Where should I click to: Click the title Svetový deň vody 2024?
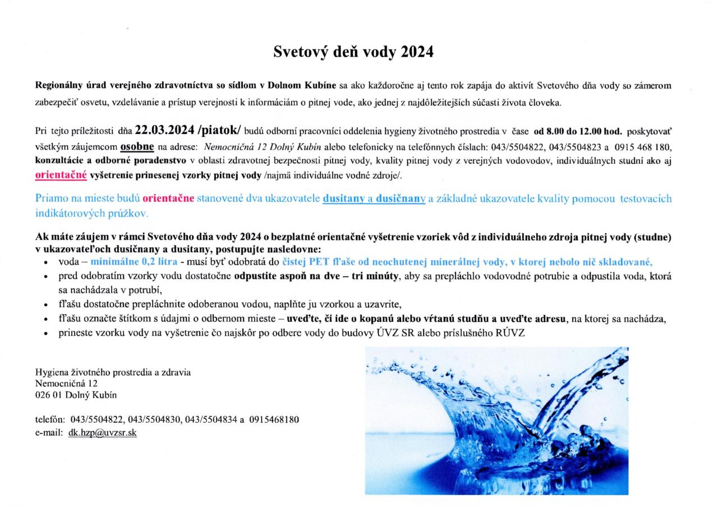[x=353, y=52]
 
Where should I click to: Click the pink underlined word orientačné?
[x=61, y=175]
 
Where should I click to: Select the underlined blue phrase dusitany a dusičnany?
[x=374, y=198]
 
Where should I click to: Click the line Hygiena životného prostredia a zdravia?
[x=113, y=372]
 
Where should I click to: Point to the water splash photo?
[x=496, y=421]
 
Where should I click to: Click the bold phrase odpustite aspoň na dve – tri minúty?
[x=316, y=276]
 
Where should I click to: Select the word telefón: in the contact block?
[x=50, y=420]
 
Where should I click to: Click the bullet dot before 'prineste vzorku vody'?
[x=45, y=333]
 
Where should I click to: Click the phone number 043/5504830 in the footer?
[x=154, y=420]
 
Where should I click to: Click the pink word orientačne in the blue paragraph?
[x=168, y=198]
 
